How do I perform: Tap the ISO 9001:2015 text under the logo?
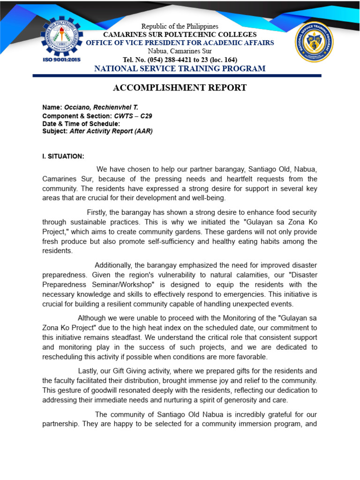pyautogui.click(x=61, y=60)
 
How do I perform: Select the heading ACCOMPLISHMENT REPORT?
pyautogui.click(x=180, y=88)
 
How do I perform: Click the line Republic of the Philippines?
pyautogui.click(x=180, y=26)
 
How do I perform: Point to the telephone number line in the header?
pyautogui.click(x=180, y=60)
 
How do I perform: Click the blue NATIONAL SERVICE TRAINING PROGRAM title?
pyautogui.click(x=180, y=69)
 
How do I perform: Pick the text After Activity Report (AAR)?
pyautogui.click(x=111, y=131)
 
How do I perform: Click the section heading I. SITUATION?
pyautogui.click(x=63, y=156)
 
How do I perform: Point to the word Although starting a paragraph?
pyautogui.click(x=92, y=319)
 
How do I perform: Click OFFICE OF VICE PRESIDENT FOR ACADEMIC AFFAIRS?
pyautogui.click(x=180, y=43)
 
